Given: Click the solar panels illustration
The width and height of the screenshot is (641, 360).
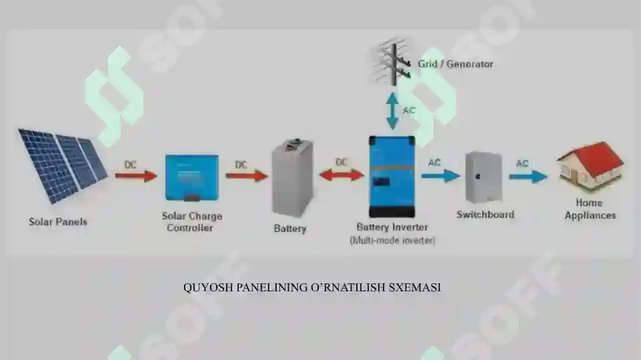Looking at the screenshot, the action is pyautogui.click(x=62, y=165).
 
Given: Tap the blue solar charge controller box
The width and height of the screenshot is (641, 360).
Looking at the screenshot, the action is pyautogui.click(x=191, y=178).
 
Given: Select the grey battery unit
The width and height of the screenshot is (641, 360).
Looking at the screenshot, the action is pyautogui.click(x=292, y=177).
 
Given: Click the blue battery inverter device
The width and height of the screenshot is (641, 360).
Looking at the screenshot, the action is pyautogui.click(x=392, y=177).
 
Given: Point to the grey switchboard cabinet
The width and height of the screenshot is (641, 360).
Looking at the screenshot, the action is pyautogui.click(x=484, y=177).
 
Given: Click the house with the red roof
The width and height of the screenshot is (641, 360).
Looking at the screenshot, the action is pyautogui.click(x=590, y=166).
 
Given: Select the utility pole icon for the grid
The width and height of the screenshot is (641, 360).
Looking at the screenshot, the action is pyautogui.click(x=392, y=63).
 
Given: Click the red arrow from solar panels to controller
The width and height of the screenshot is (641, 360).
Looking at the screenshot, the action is pyautogui.click(x=135, y=176).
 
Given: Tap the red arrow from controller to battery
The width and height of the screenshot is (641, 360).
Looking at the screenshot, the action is pyautogui.click(x=247, y=176).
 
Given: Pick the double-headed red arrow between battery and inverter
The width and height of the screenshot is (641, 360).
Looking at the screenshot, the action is pyautogui.click(x=342, y=175).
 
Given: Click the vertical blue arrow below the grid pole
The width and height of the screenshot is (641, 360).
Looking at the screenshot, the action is pyautogui.click(x=392, y=111).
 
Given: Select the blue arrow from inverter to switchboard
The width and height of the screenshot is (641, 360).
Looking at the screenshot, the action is pyautogui.click(x=441, y=176).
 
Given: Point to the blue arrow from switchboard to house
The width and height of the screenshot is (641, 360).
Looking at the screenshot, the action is pyautogui.click(x=528, y=177).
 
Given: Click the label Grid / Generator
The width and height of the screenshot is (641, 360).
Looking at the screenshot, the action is pyautogui.click(x=456, y=64).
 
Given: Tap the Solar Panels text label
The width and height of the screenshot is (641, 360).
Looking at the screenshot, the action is pyautogui.click(x=58, y=222).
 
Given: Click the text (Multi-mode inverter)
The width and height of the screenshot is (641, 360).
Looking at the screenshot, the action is pyautogui.click(x=392, y=240).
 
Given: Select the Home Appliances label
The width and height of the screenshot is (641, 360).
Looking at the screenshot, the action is pyautogui.click(x=590, y=209).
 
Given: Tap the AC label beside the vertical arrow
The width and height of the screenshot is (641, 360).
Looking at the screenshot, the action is pyautogui.click(x=409, y=110).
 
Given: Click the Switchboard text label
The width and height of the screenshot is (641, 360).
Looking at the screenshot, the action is pyautogui.click(x=485, y=215).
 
